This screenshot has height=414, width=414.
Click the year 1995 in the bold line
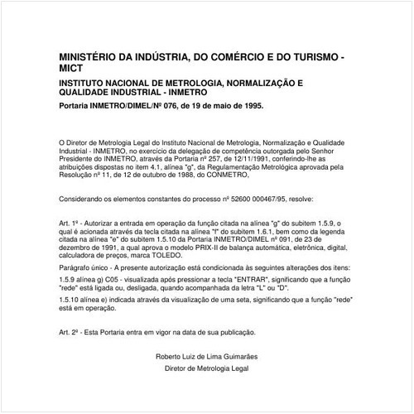click(x=251, y=107)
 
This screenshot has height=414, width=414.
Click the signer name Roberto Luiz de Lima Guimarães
click(x=207, y=356)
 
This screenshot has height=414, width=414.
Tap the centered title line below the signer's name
click(x=207, y=367)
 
